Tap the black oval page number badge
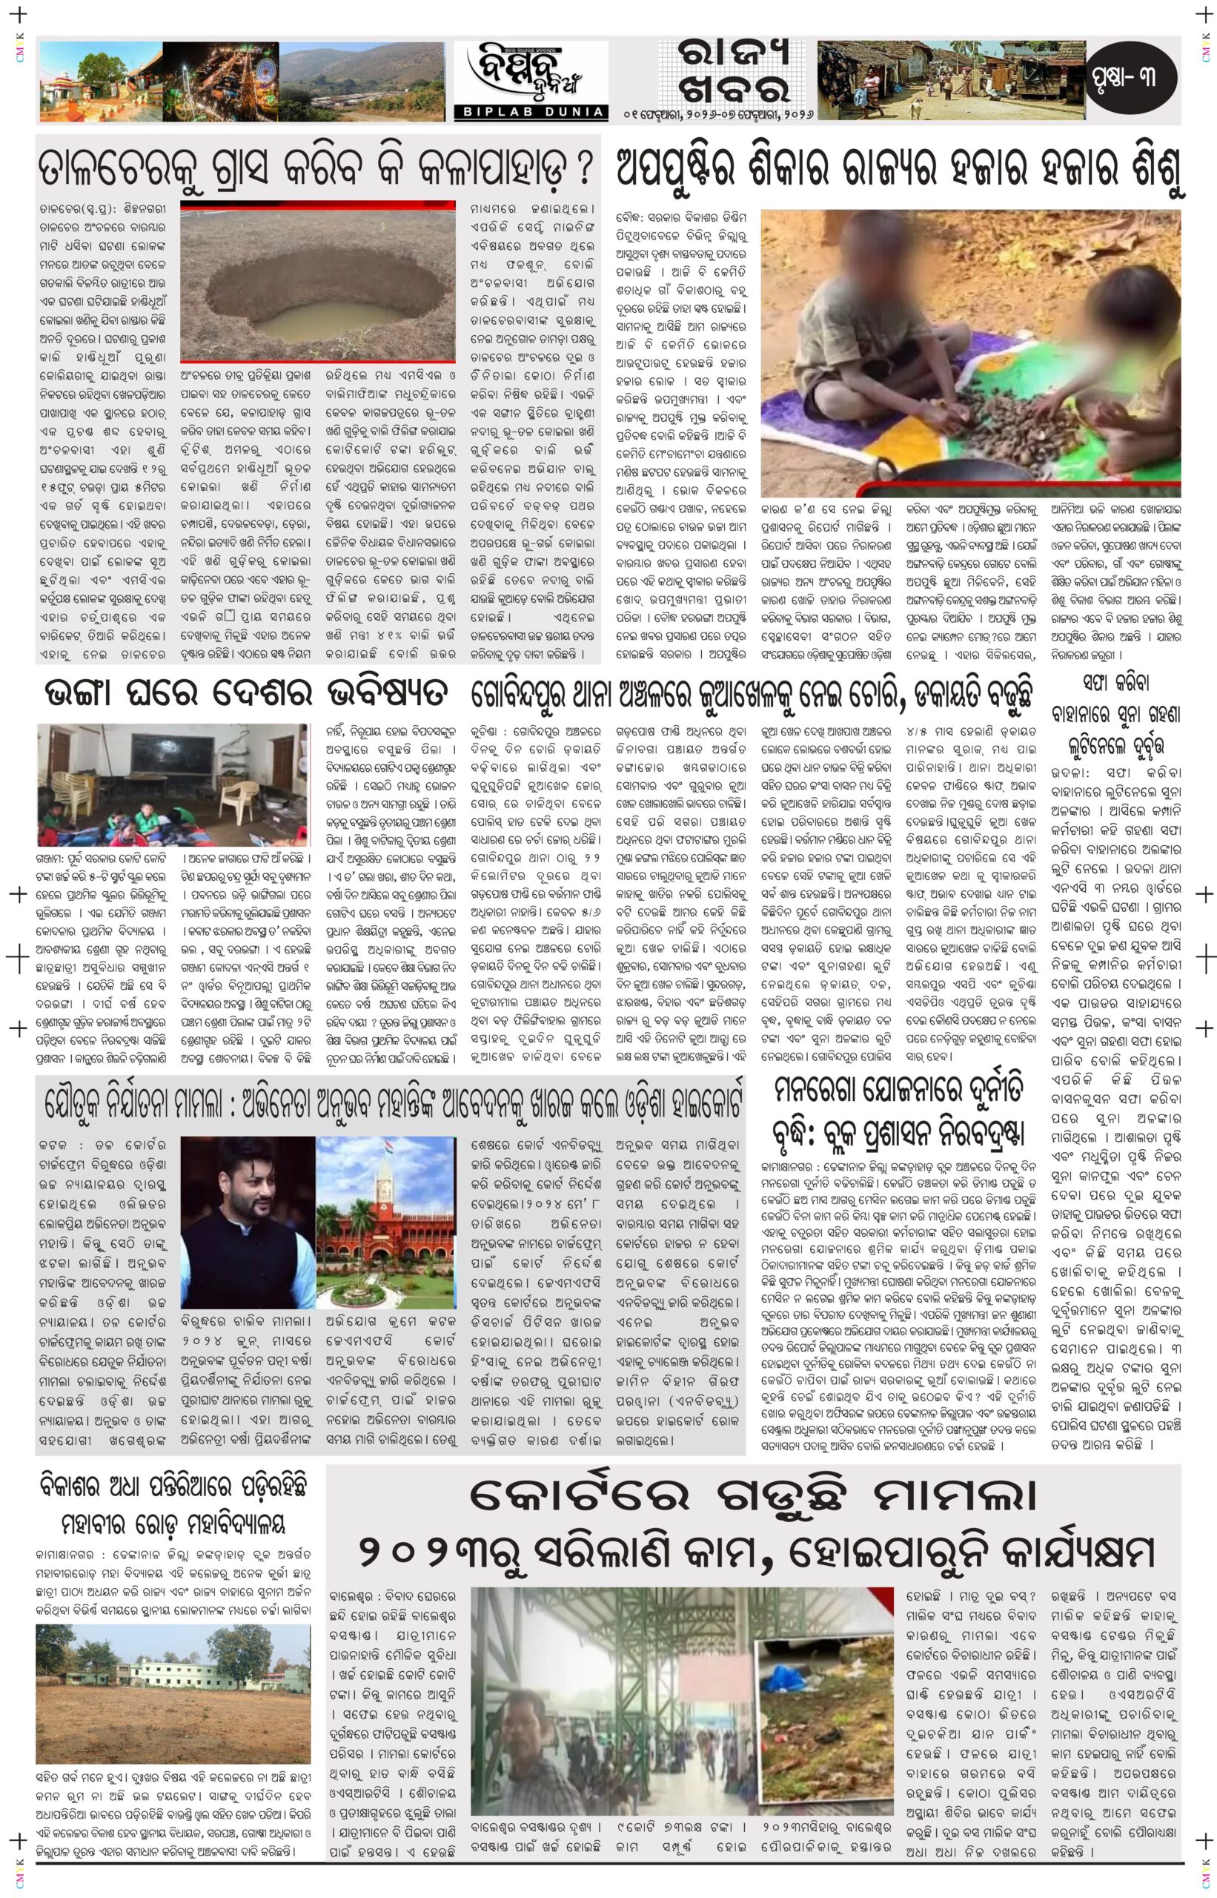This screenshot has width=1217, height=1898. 1131,79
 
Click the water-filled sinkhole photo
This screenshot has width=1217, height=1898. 318,282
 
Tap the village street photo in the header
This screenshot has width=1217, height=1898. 946,80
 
